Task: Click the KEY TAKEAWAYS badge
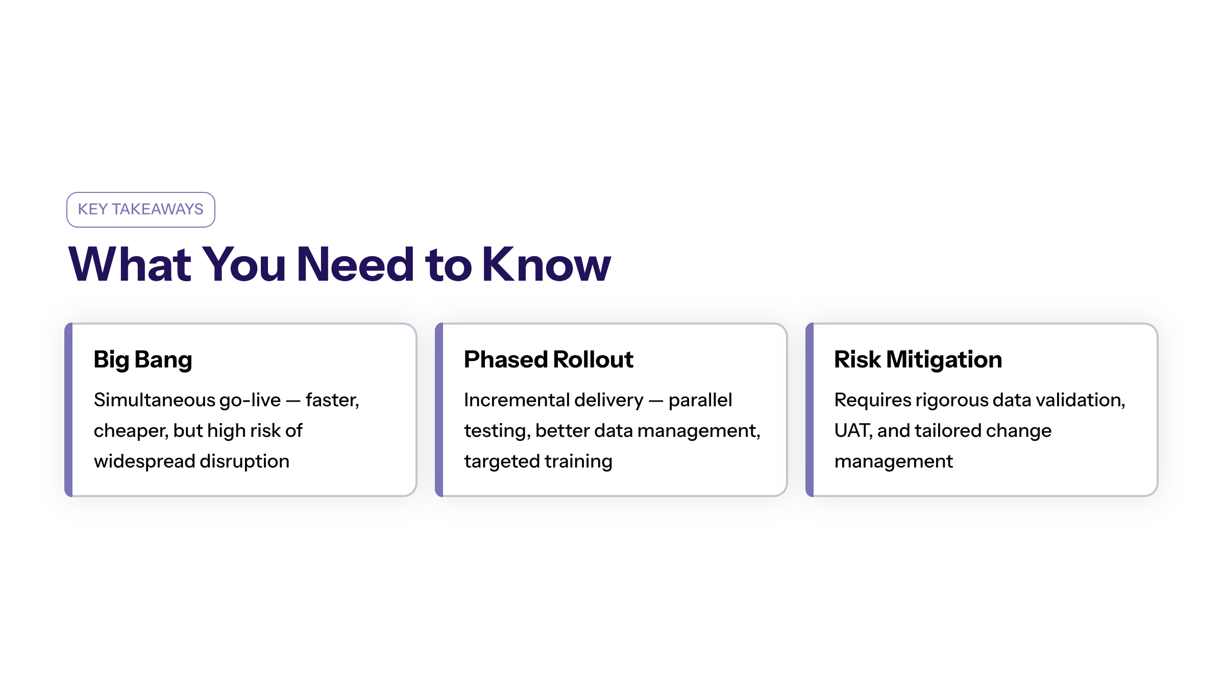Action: pyautogui.click(x=141, y=210)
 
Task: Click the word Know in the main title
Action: pyautogui.click(x=546, y=264)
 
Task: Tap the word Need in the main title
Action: pyautogui.click(x=356, y=264)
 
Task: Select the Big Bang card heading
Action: pyautogui.click(x=143, y=360)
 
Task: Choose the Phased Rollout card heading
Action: pyautogui.click(x=549, y=359)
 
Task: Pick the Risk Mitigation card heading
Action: pyautogui.click(x=918, y=360)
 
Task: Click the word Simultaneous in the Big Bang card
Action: pyautogui.click(x=155, y=400)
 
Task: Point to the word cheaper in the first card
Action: pyautogui.click(x=131, y=431)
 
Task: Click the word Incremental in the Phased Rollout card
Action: pyautogui.click(x=516, y=400)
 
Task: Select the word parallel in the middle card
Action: pyautogui.click(x=700, y=400)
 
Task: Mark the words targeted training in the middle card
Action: pyautogui.click(x=538, y=462)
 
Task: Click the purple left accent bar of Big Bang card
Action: pyautogui.click(x=69, y=409)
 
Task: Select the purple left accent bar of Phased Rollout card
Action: pyautogui.click(x=439, y=409)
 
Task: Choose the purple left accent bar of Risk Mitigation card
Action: pyautogui.click(x=810, y=409)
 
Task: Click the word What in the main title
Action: pyautogui.click(x=130, y=264)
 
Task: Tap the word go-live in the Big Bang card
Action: pyautogui.click(x=250, y=401)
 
